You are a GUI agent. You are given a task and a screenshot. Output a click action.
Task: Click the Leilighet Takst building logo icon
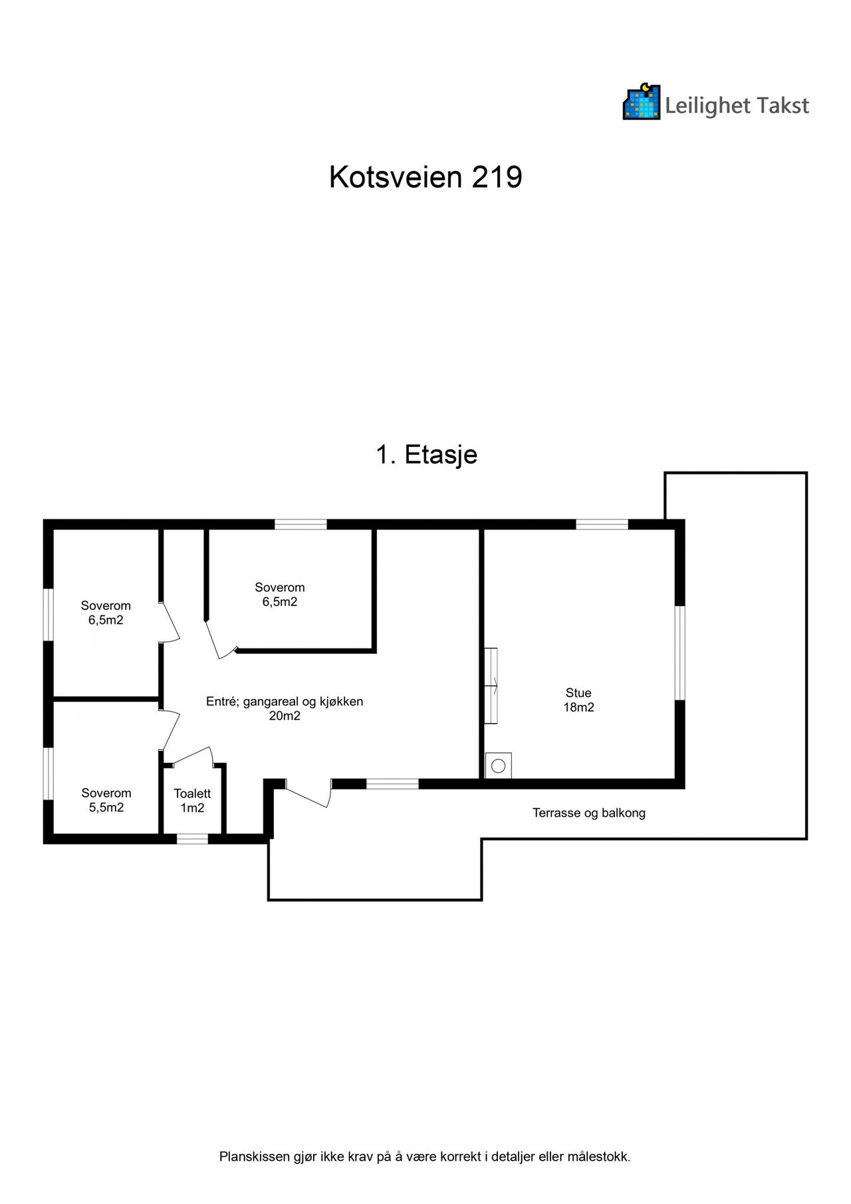(x=642, y=102)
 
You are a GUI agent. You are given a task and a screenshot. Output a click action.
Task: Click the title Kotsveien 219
(x=425, y=178)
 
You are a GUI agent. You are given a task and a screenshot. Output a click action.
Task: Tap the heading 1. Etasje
(x=427, y=455)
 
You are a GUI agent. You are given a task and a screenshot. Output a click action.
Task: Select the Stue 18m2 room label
(x=578, y=700)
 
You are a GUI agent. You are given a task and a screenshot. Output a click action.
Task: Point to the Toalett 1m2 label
(x=192, y=801)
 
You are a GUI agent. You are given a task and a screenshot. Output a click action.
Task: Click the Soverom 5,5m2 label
(x=106, y=800)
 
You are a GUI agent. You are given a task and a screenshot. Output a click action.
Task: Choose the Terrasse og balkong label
(x=589, y=813)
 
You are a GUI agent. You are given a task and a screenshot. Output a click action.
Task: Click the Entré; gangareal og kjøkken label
(x=285, y=708)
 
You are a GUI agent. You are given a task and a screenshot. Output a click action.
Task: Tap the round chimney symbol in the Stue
(x=499, y=766)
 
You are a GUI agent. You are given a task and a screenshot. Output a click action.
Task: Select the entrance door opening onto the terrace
(x=307, y=793)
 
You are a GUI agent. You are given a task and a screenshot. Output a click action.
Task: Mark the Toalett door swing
(x=188, y=755)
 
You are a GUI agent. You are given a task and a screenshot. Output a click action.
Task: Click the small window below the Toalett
(x=192, y=839)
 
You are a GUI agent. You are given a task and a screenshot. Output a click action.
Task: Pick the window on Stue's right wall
(x=680, y=653)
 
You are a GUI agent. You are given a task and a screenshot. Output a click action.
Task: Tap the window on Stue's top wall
(x=602, y=524)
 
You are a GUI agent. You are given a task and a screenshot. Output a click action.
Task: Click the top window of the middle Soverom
(x=301, y=524)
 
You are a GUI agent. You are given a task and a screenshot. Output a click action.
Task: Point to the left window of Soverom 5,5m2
(x=48, y=774)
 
